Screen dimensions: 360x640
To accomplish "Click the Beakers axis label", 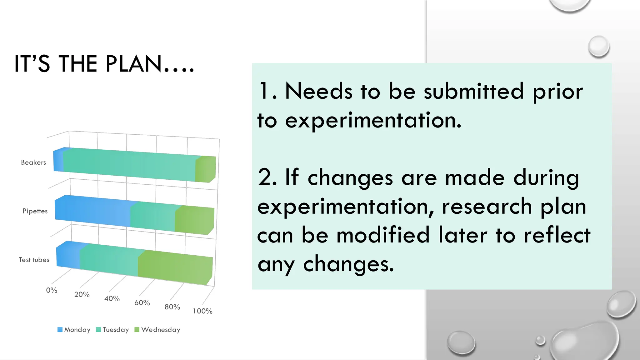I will [x=33, y=162].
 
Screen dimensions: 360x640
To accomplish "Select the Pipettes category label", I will [x=35, y=211].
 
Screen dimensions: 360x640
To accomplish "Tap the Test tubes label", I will [x=34, y=260].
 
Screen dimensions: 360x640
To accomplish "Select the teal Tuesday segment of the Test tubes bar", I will [x=109, y=260].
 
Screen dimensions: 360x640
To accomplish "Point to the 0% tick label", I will [x=52, y=290].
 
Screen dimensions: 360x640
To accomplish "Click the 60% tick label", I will [x=142, y=303].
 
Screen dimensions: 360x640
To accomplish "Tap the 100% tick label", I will [x=202, y=311].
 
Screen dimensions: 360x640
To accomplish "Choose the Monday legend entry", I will [x=74, y=330].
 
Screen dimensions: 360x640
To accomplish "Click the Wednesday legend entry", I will [x=157, y=330].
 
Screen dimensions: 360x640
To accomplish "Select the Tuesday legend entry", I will [x=112, y=330].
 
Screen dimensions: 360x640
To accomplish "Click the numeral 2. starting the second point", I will [x=267, y=177].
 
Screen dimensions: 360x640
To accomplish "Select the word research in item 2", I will [x=487, y=207].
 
